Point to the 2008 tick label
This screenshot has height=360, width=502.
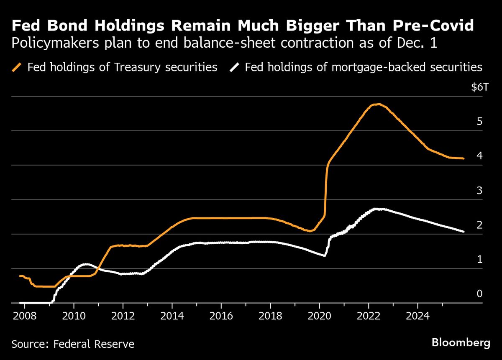[24, 314]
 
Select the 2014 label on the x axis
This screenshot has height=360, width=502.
[172, 314]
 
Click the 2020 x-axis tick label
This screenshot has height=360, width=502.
[319, 314]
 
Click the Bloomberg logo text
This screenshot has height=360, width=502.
[461, 343]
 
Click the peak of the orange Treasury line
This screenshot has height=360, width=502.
[377, 104]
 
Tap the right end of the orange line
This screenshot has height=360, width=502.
[463, 158]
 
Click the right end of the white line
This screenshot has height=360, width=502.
[463, 231]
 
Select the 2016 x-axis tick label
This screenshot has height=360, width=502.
[221, 314]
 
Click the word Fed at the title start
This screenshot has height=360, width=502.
[26, 26]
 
